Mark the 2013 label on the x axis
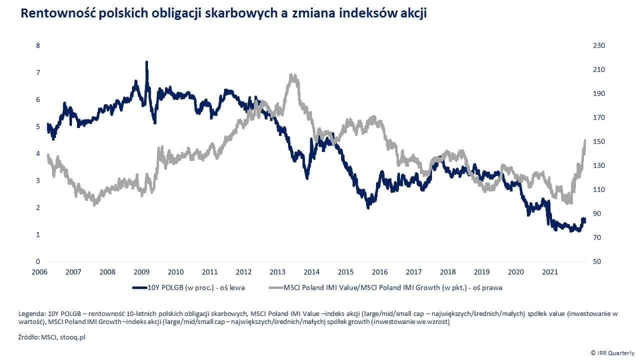pos(277,272)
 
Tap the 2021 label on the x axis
pos(550,272)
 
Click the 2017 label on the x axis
pos(414,272)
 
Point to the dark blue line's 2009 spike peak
pos(146,62)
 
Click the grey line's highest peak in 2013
pos(292,75)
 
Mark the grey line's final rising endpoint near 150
pos(584,140)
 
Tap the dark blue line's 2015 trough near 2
pos(368,207)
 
